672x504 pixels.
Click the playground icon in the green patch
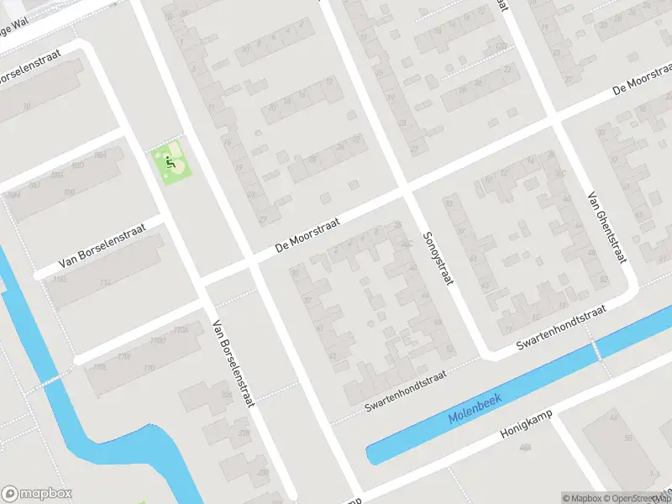click(x=171, y=160)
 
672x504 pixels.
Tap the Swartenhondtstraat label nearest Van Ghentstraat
click(x=561, y=328)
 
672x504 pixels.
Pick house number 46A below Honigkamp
click(x=526, y=448)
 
